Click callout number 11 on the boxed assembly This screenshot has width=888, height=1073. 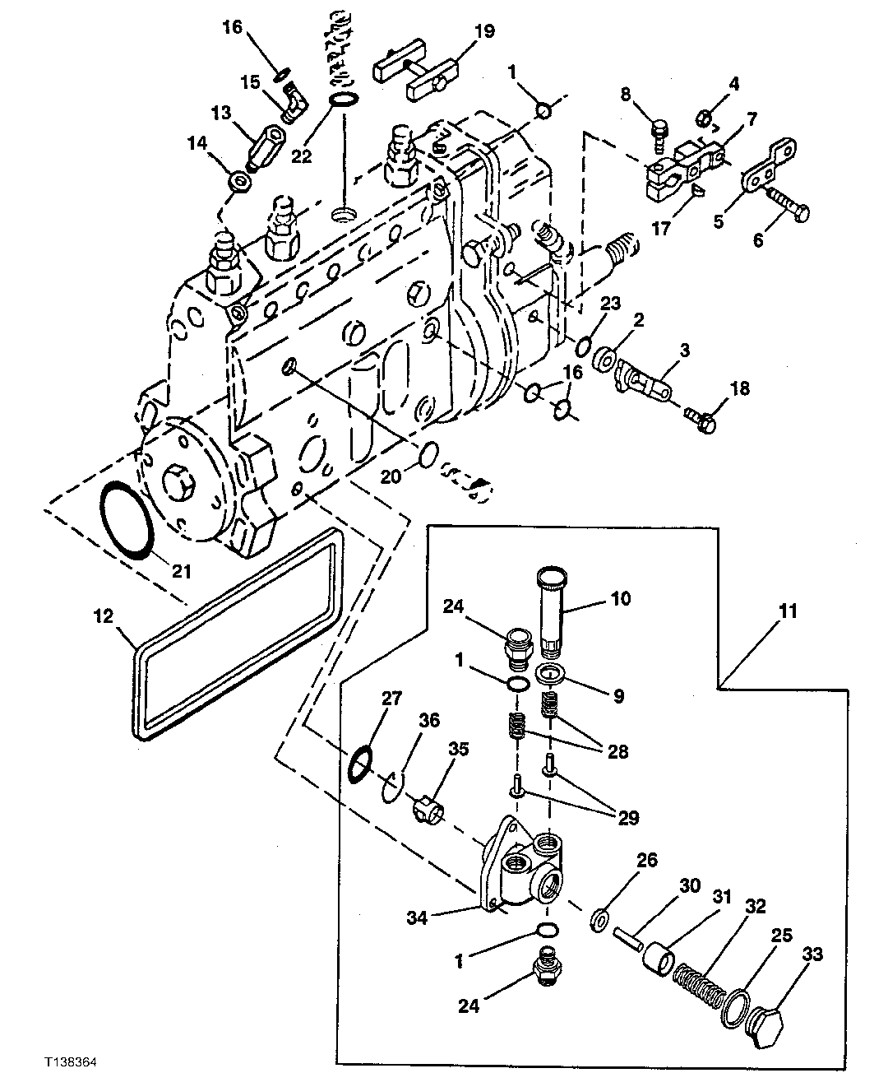pos(787,611)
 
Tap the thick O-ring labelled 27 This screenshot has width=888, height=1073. pos(359,763)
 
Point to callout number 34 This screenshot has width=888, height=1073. pos(419,917)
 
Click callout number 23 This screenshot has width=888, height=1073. pos(609,304)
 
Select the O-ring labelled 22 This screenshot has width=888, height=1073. pos(344,101)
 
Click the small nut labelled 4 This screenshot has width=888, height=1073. pos(702,117)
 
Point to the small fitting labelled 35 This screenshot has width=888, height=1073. pos(427,809)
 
